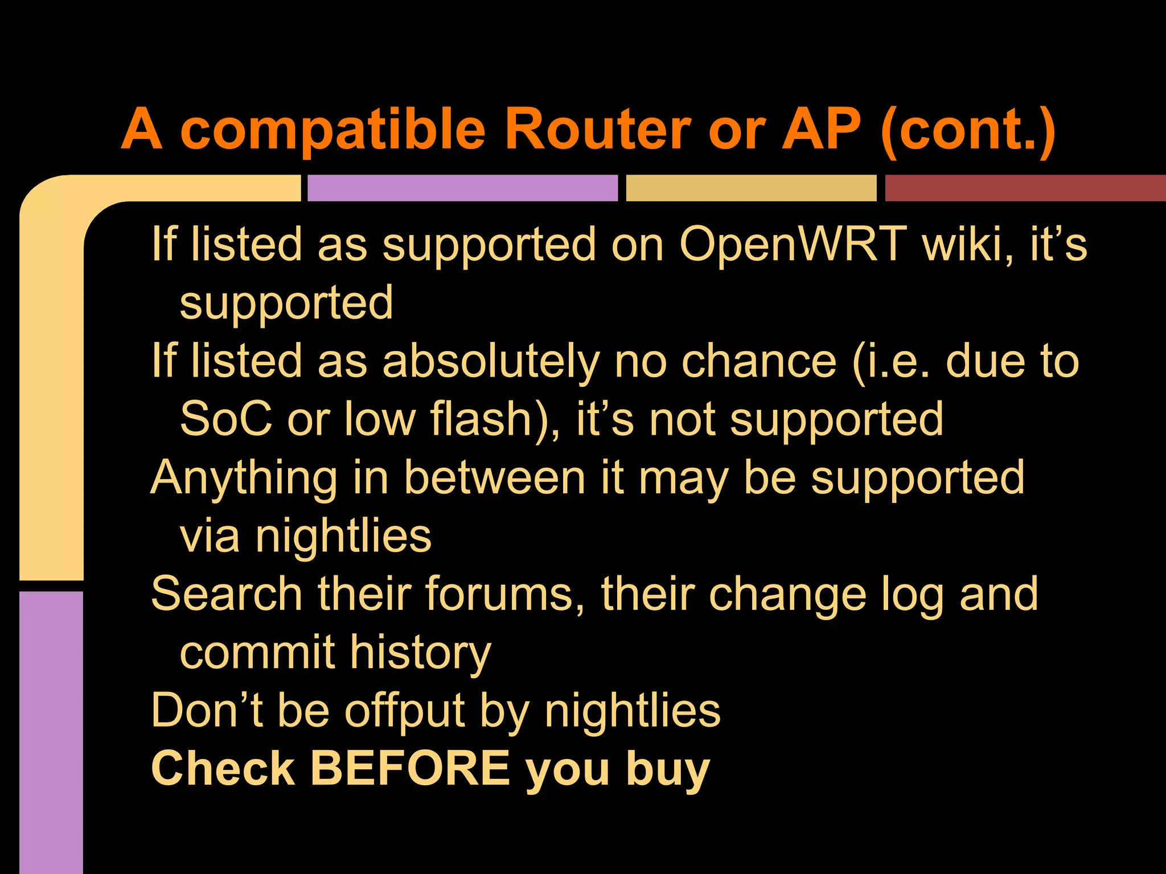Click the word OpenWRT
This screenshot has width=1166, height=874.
(793, 245)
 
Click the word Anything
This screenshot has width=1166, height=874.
(244, 479)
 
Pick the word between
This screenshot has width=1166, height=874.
(495, 478)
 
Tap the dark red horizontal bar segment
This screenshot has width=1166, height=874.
(1025, 188)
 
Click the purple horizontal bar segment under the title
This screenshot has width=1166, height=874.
(462, 188)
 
